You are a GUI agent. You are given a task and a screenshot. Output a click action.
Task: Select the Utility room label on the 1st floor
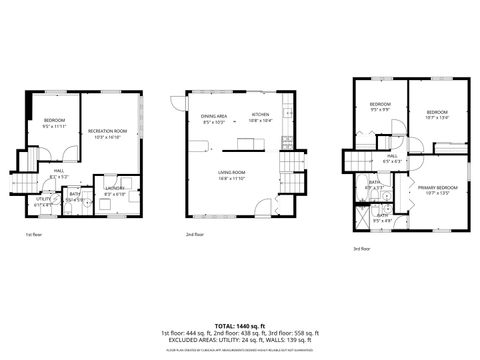click(44, 199)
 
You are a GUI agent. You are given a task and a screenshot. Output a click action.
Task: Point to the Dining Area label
click(214, 116)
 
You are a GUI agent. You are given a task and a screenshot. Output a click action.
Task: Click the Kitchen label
click(261, 115)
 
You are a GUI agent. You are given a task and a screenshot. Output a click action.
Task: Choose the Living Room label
click(233, 172)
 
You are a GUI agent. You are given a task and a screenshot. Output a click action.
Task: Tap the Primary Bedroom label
click(438, 187)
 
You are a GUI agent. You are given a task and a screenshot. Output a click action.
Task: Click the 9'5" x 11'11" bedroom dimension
click(54, 127)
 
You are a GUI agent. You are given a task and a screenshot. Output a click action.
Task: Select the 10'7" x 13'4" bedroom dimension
click(437, 117)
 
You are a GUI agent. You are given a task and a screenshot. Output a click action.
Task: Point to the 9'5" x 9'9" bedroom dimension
click(380, 110)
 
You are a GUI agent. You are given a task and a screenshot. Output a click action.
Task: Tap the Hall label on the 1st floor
click(58, 171)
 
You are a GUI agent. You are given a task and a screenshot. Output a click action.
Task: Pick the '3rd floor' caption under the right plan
click(361, 249)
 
